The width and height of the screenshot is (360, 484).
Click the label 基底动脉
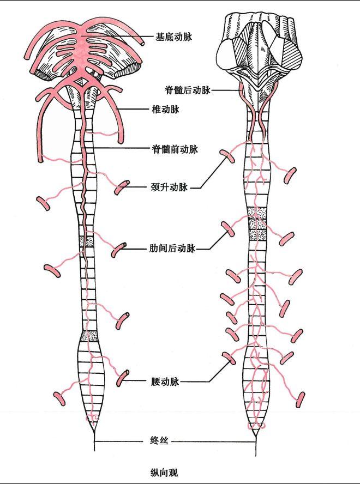(x=173, y=38)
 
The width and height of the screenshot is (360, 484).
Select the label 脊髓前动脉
(x=175, y=148)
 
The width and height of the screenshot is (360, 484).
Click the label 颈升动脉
(x=169, y=187)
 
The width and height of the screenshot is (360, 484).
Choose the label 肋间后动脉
(x=172, y=249)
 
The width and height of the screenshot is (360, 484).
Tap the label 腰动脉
(x=165, y=382)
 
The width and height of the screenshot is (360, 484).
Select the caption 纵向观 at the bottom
(x=164, y=472)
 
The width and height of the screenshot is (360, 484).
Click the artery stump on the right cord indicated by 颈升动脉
(x=227, y=156)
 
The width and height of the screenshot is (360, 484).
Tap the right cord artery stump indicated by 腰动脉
(x=229, y=358)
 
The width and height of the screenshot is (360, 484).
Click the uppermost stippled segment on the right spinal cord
(x=256, y=212)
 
